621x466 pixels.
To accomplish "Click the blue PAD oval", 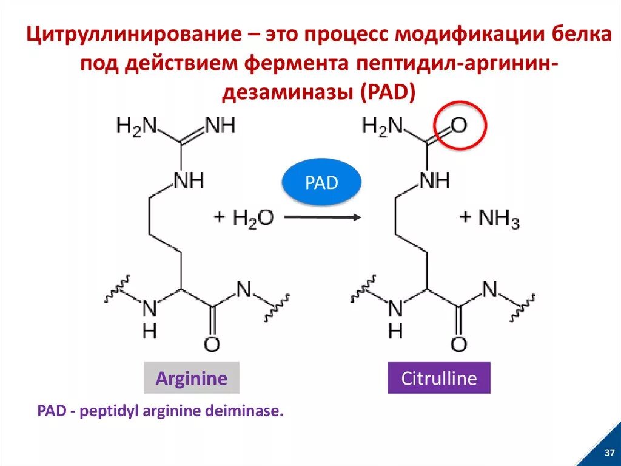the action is [x=321, y=182].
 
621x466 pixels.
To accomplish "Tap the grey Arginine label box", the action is [x=192, y=379].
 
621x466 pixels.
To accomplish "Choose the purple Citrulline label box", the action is [x=439, y=379].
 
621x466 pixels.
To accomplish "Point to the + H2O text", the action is [x=244, y=218].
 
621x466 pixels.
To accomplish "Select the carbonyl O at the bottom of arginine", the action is [x=212, y=344].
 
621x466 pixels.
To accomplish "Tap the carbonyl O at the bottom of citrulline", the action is [x=459, y=344].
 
